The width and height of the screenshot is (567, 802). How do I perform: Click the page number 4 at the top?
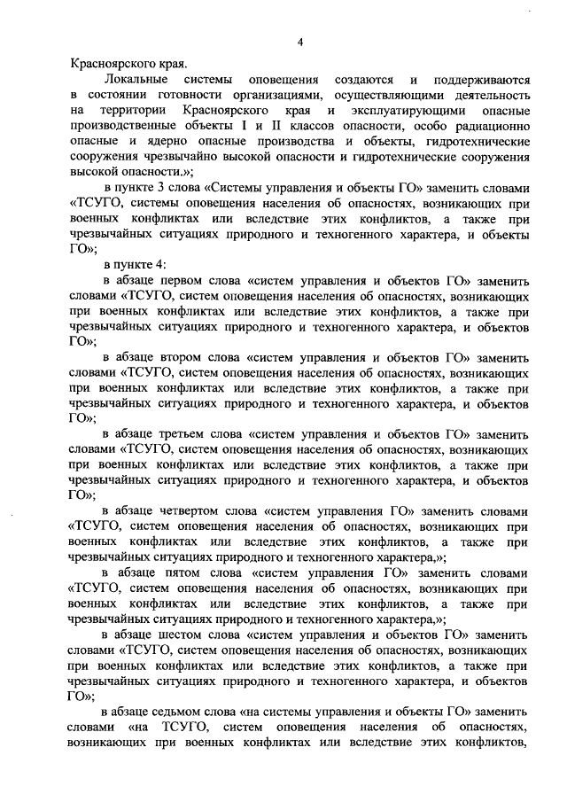tap(299, 43)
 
